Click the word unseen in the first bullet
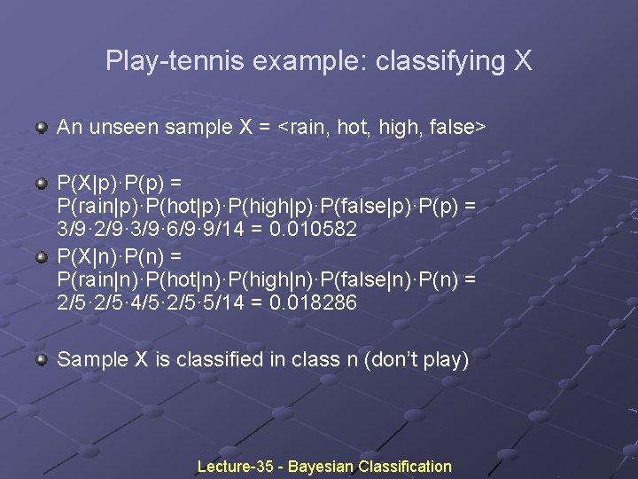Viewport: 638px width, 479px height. point(121,127)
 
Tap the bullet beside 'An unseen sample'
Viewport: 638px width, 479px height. point(42,128)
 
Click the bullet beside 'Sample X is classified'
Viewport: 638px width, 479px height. point(42,360)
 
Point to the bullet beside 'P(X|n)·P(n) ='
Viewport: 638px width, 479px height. point(42,258)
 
